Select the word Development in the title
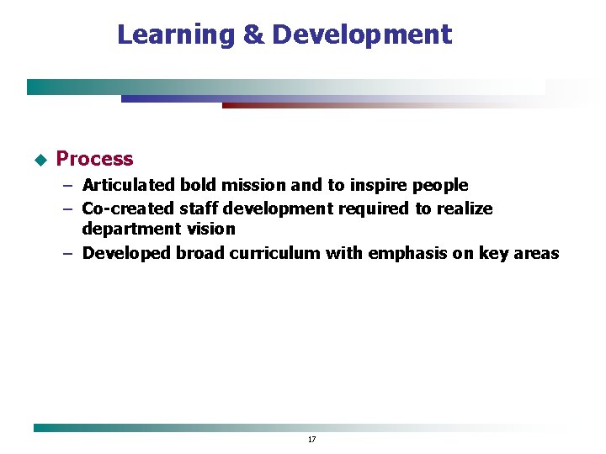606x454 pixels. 362,34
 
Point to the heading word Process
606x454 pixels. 94,159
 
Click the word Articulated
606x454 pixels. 129,185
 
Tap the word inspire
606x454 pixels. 379,186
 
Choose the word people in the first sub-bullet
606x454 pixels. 439,186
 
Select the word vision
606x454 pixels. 210,229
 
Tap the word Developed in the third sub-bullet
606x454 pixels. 126,253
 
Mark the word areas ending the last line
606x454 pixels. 535,253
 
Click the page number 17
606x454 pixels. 311,440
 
